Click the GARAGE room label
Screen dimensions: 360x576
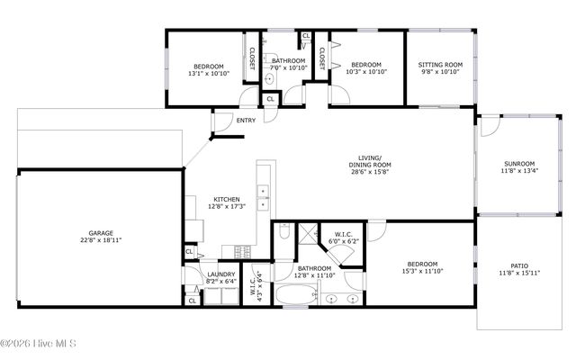click(100, 233)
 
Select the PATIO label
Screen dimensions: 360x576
click(518, 265)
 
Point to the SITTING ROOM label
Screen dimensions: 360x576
click(440, 65)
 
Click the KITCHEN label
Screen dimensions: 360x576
click(226, 199)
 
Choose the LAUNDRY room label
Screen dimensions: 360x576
click(221, 274)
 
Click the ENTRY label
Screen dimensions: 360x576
click(246, 121)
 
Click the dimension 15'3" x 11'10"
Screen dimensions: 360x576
click(421, 270)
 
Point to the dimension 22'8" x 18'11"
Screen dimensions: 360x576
click(100, 240)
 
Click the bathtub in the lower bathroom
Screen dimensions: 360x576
click(296, 292)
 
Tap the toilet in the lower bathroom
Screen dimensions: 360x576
click(284, 234)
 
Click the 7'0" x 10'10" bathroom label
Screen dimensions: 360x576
click(290, 64)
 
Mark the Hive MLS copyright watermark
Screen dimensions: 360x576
click(38, 343)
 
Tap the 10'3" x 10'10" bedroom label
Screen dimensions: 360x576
click(365, 67)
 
